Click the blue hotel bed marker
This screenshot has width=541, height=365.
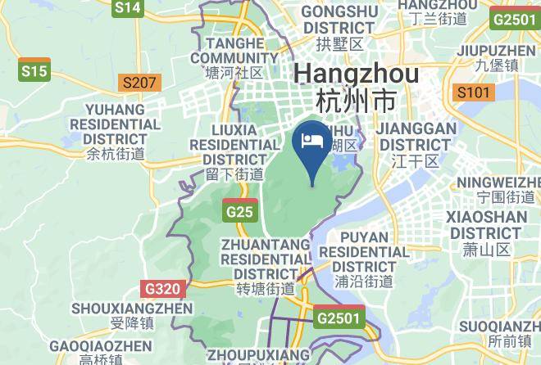312,142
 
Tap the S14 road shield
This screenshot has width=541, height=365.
128,8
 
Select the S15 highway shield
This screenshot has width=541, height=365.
34,71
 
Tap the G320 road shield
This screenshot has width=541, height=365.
164,289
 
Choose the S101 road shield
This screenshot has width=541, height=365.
474,92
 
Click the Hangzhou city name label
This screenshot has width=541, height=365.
356,87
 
